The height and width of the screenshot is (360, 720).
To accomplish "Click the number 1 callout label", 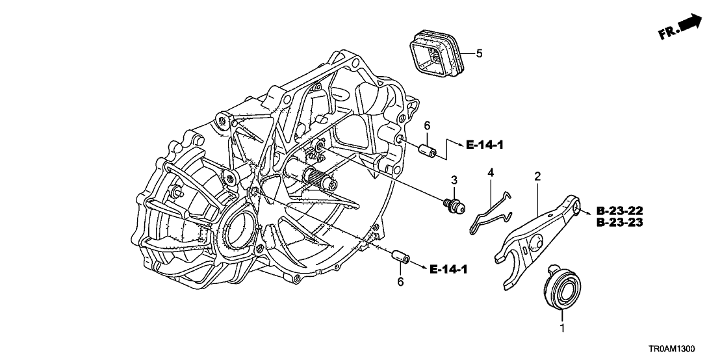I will [x=563, y=329].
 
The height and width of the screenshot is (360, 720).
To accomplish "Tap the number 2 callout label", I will [x=537, y=176].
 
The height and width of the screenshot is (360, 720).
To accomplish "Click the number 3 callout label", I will [x=455, y=179].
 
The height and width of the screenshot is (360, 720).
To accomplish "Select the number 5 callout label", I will [x=479, y=53].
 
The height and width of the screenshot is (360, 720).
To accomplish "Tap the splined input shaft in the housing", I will [x=318, y=175].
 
